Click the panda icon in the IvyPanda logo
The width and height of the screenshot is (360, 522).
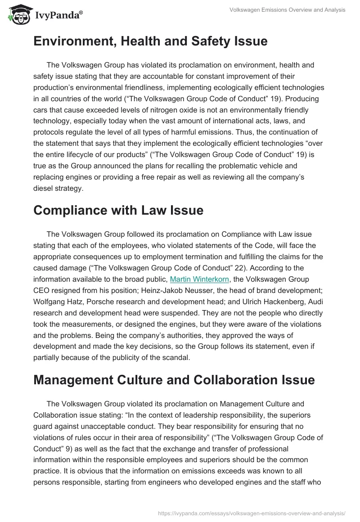tap(17, 14)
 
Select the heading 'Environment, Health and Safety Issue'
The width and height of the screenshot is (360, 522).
tap(150, 41)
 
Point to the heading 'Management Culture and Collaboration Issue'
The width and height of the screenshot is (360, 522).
tap(174, 380)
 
